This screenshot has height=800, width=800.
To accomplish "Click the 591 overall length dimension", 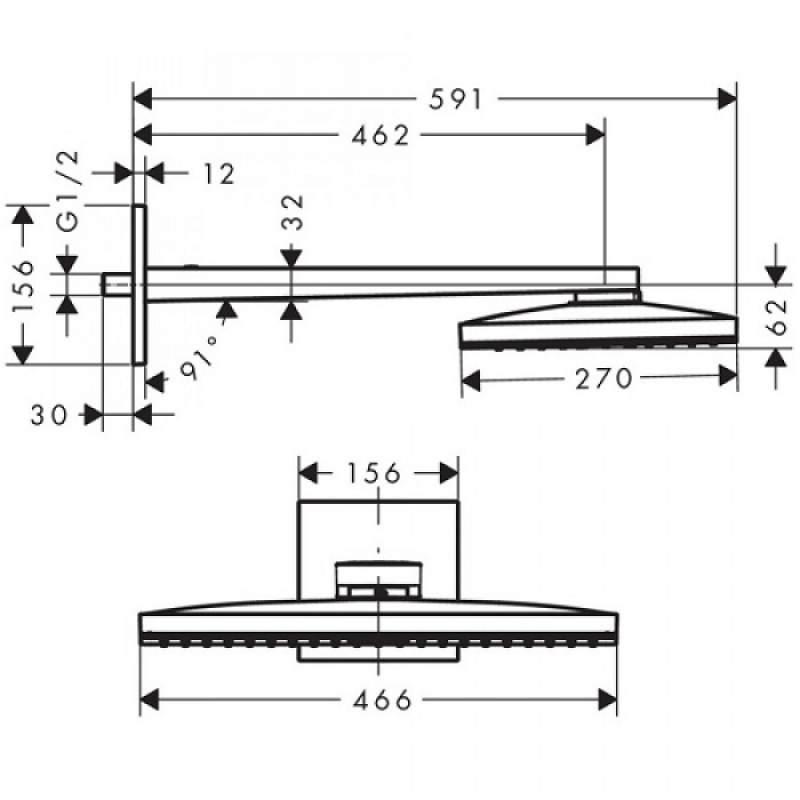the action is click(x=455, y=99).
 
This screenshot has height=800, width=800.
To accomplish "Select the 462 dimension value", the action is click(x=381, y=136).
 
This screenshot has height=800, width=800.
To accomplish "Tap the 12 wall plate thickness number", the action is click(x=219, y=174).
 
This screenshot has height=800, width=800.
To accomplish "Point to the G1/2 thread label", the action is click(x=68, y=191).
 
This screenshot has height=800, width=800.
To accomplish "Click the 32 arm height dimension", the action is click(x=292, y=212).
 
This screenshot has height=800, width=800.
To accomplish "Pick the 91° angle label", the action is click(x=201, y=357).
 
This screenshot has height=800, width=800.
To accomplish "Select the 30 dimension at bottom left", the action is click(x=48, y=415).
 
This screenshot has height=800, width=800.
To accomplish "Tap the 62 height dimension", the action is click(x=778, y=317).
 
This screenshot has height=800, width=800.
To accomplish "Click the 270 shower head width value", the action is click(x=604, y=379).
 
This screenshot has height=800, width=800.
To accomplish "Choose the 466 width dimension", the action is click(x=382, y=700).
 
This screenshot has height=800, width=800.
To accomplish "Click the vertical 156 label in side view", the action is click(x=23, y=286).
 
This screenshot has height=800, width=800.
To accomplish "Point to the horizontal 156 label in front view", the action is click(x=374, y=473).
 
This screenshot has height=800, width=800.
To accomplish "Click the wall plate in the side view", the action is click(x=139, y=285).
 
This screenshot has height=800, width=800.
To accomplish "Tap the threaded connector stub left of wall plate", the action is click(x=117, y=284).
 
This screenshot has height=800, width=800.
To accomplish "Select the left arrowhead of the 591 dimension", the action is click(x=142, y=98).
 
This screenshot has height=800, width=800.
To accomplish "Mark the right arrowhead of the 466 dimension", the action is click(x=607, y=699).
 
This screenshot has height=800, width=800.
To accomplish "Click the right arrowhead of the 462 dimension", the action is click(x=595, y=135).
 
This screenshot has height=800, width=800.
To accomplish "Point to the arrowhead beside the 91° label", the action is click(x=227, y=310).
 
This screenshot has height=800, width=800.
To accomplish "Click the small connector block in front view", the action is click(x=378, y=580).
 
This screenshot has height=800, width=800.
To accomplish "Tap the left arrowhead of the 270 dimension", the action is click(x=471, y=380).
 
